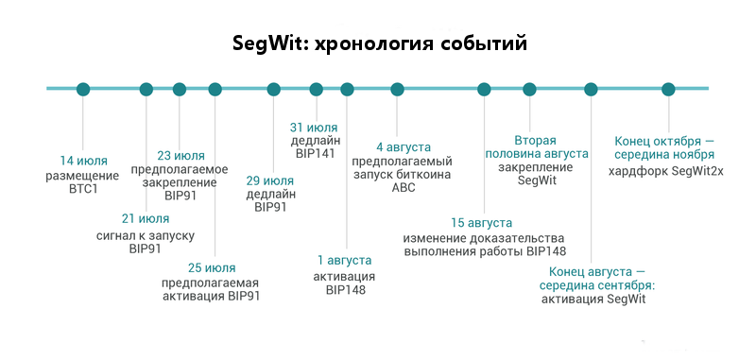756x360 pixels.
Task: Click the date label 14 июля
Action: (x=83, y=160)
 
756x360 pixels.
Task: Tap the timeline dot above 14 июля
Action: (x=83, y=90)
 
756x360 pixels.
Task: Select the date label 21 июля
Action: (x=146, y=219)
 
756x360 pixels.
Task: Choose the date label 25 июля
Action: (x=212, y=267)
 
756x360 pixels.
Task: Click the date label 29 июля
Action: (x=269, y=180)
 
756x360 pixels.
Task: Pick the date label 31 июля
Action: (x=314, y=128)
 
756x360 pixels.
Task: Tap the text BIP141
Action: (x=314, y=154)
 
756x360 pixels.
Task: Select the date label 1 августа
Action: (x=344, y=260)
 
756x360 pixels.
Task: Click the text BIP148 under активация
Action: (x=345, y=290)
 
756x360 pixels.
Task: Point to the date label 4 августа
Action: (x=403, y=146)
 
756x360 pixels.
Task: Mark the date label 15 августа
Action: (x=482, y=223)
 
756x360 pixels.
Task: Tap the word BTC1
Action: (x=83, y=189)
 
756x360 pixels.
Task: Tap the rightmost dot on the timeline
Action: (x=668, y=90)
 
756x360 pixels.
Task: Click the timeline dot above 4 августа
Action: (x=398, y=90)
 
